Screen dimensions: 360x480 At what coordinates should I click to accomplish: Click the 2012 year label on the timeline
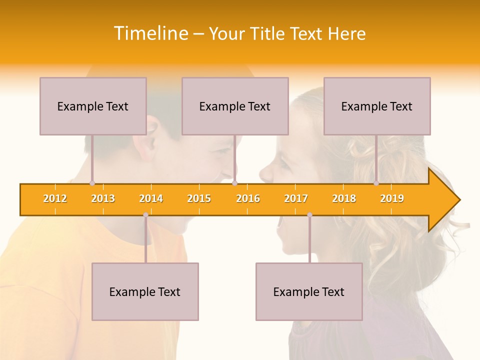(55, 198)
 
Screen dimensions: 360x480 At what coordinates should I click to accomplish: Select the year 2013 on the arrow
(103, 198)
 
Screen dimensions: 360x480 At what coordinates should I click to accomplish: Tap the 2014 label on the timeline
(151, 198)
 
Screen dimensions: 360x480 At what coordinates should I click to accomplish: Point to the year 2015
(199, 198)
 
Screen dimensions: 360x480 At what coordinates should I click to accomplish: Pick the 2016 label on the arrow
(248, 198)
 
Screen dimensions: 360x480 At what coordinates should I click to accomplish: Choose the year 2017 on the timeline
(296, 198)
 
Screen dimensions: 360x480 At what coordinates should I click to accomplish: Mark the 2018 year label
(344, 198)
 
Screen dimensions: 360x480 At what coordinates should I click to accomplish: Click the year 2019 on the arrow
(392, 198)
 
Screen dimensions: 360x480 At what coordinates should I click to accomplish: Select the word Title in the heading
(267, 33)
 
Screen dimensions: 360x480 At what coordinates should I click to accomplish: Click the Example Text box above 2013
(93, 106)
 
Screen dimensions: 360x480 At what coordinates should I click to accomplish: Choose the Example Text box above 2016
(235, 106)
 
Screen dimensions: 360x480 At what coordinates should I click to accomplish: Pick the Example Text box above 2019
(377, 106)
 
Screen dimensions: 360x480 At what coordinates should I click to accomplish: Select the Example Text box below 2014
(145, 291)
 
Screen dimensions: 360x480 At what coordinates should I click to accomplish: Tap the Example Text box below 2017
(309, 291)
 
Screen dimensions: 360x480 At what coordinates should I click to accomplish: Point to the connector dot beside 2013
(92, 183)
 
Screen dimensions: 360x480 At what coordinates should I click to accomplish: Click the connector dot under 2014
(145, 215)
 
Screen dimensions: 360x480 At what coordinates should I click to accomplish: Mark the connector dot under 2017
(309, 215)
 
